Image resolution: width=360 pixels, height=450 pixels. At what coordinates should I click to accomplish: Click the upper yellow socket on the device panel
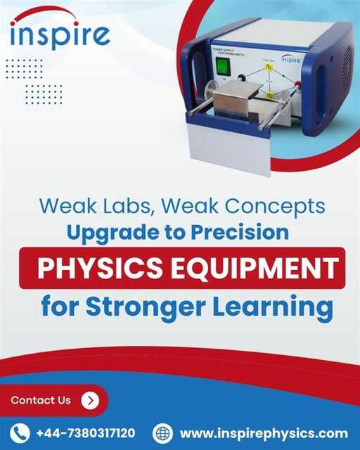point(269,67)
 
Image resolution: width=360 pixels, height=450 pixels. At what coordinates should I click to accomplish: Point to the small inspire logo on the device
point(290,60)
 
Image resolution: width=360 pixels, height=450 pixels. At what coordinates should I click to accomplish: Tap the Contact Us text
point(41,401)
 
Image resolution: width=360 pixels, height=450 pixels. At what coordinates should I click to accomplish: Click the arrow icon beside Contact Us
point(90,401)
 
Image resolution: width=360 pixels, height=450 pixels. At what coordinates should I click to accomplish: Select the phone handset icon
point(22,432)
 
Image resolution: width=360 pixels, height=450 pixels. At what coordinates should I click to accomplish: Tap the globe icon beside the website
point(163,432)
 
